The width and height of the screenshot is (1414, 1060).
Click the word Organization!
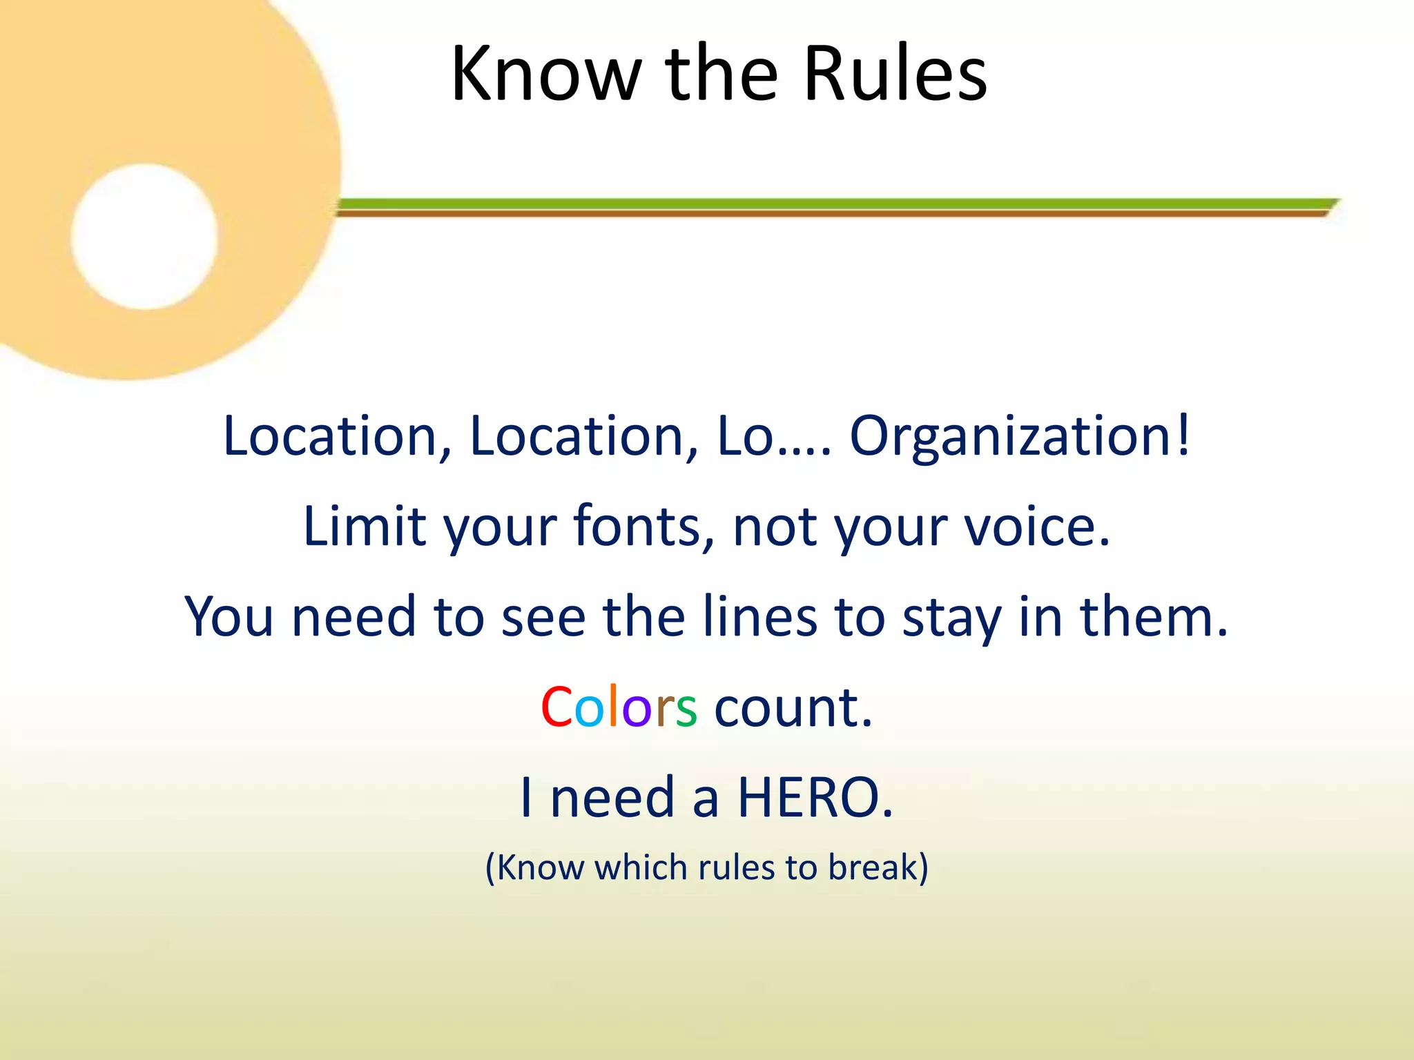click(1020, 437)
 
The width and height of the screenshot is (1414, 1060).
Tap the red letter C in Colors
click(556, 707)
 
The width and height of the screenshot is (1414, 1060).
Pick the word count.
click(793, 707)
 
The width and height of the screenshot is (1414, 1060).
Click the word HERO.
click(815, 798)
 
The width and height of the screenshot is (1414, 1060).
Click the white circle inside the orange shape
click(144, 237)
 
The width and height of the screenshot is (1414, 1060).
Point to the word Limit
click(365, 527)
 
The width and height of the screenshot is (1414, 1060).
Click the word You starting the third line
click(229, 616)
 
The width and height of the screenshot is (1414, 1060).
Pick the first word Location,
click(338, 437)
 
